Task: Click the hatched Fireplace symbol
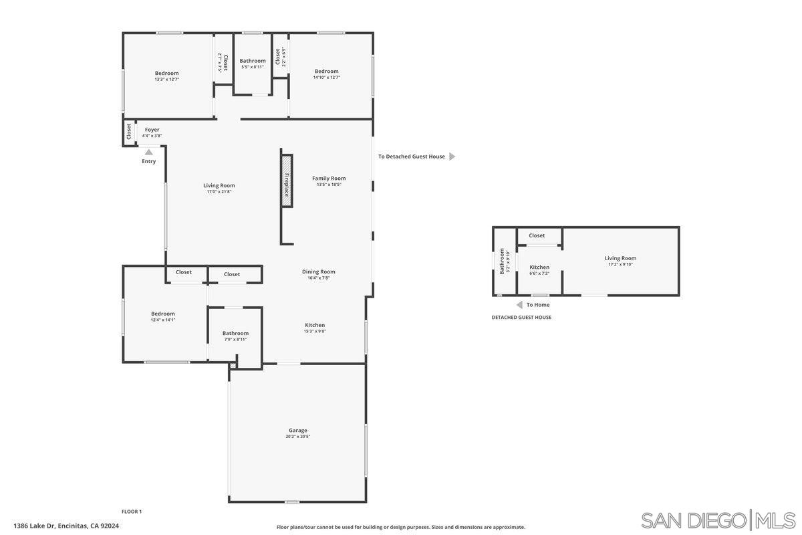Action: click(x=287, y=181)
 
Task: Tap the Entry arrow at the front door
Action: click(x=149, y=152)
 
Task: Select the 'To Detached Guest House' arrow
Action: click(x=452, y=156)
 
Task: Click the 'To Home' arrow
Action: click(x=519, y=305)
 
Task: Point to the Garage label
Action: click(x=297, y=431)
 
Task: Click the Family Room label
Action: click(x=329, y=178)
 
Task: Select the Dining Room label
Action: click(x=318, y=272)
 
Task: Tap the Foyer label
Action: click(x=152, y=130)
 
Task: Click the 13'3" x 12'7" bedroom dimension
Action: click(x=166, y=80)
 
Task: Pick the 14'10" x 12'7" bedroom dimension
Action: click(x=326, y=78)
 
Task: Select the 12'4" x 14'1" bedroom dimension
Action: click(x=162, y=320)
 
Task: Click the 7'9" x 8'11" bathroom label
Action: click(x=235, y=339)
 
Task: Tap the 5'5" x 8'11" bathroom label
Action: click(x=253, y=67)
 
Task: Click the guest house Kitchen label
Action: click(x=539, y=267)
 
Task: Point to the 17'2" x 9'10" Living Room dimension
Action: click(x=620, y=264)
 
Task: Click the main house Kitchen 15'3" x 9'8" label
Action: click(x=315, y=331)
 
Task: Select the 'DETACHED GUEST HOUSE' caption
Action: click(x=521, y=318)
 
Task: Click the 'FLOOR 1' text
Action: click(x=132, y=512)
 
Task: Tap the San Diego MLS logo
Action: click(x=718, y=520)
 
